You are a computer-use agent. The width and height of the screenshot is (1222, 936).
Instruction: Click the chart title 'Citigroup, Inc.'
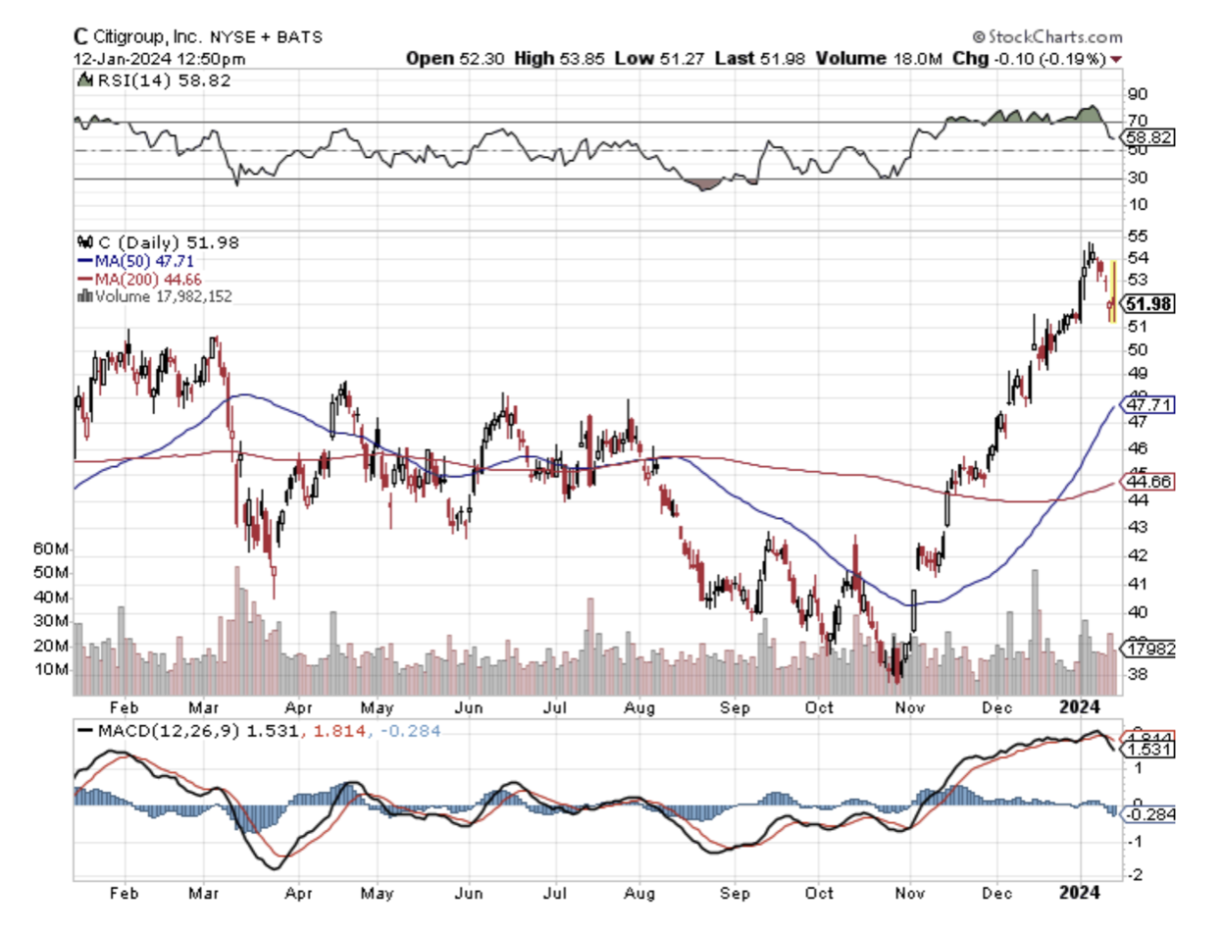tap(147, 37)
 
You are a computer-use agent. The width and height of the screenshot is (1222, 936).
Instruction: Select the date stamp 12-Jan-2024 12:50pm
tap(160, 59)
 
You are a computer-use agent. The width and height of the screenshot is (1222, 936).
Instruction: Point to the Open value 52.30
tap(481, 59)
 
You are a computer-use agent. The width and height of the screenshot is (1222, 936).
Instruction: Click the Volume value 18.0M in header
tap(917, 59)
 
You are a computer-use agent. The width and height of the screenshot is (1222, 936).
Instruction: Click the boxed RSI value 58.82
tap(1149, 137)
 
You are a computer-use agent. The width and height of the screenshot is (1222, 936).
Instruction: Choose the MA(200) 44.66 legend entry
tap(147, 279)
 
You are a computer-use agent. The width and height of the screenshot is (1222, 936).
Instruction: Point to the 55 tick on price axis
tap(1138, 236)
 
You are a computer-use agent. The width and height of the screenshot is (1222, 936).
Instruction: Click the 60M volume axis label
tap(51, 548)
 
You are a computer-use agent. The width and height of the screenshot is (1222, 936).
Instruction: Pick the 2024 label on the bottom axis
tap(1081, 893)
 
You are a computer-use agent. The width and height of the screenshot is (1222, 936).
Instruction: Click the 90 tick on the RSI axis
tap(1138, 94)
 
